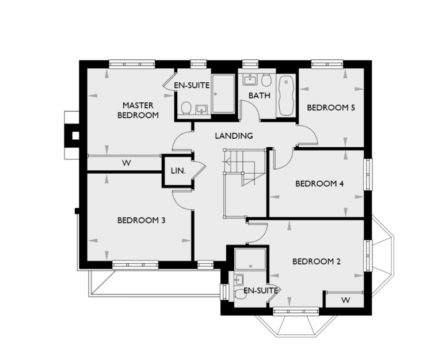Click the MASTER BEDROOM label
coord(138,110)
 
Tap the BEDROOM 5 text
coord(330,108)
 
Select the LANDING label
coord(234,136)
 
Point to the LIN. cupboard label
coord(177,171)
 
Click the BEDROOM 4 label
coord(319,184)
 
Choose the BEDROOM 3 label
coord(142,220)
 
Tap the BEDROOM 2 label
coord(317,262)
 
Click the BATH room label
coord(259,95)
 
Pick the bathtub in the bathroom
coord(285,95)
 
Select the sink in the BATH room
coord(250,80)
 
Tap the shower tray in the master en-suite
coord(223,93)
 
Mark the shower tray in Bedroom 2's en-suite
coord(251,259)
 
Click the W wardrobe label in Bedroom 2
coord(345,300)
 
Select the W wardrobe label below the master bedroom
coord(125,163)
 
